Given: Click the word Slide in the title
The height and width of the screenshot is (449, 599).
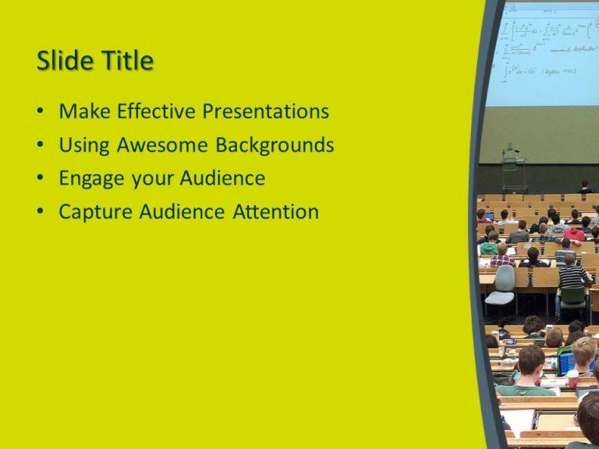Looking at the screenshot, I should pos(63,61).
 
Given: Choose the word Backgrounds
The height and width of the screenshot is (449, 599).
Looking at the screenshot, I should pos(275,145).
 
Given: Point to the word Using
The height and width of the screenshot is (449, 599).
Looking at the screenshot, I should pos(85,146).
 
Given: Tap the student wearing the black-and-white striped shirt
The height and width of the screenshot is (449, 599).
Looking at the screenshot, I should pos(573,274).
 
